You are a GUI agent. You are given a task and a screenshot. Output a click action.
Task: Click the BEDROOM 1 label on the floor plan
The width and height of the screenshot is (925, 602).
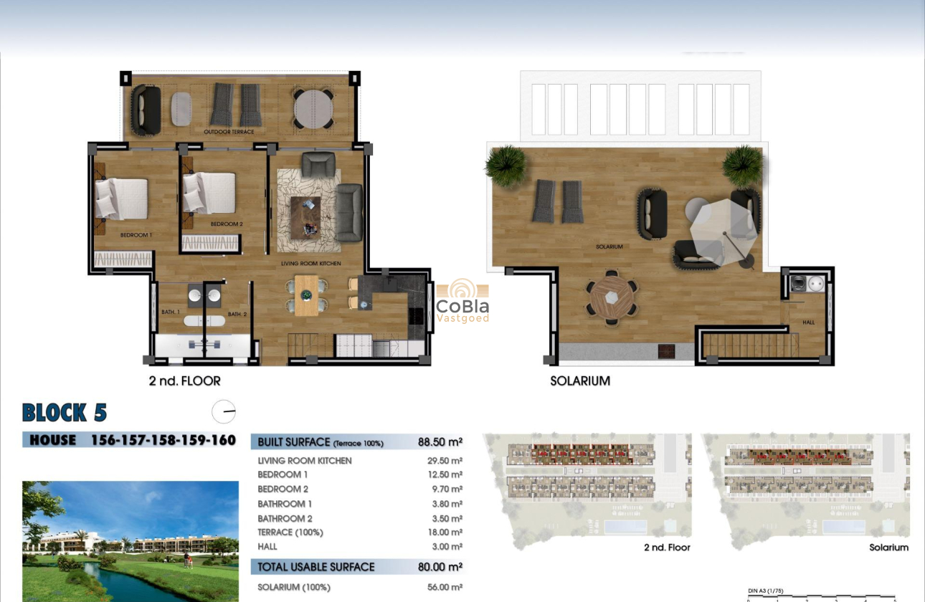[136, 235]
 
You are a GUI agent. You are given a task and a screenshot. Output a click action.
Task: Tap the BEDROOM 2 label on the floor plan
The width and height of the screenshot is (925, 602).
[227, 224]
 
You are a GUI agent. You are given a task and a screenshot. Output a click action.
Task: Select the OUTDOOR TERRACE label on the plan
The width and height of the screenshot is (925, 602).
[229, 132]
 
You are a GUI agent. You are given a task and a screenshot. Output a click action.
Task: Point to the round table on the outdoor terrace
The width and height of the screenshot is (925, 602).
[313, 108]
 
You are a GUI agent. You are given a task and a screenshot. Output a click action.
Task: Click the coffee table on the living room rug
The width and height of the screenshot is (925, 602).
[305, 215]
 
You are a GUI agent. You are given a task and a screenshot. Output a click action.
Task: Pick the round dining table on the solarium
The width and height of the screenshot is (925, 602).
[611, 297]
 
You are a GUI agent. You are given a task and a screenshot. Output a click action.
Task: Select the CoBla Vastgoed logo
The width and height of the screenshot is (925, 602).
[463, 301]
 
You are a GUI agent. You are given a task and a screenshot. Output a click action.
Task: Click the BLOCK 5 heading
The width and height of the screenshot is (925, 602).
[65, 413]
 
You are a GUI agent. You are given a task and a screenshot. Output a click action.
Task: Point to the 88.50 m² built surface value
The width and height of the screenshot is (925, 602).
[440, 442]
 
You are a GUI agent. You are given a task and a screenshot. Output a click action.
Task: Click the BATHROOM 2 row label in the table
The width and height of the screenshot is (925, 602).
[285, 518]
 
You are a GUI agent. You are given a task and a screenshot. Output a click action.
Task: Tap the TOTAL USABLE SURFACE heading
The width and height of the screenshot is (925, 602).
[316, 567]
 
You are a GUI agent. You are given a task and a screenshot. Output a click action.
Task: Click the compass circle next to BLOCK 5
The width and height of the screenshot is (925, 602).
[224, 411]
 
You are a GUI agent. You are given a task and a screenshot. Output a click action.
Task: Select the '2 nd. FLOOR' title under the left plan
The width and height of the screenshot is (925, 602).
[184, 381]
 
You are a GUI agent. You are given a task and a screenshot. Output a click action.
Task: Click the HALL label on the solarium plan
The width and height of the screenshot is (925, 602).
[808, 322]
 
